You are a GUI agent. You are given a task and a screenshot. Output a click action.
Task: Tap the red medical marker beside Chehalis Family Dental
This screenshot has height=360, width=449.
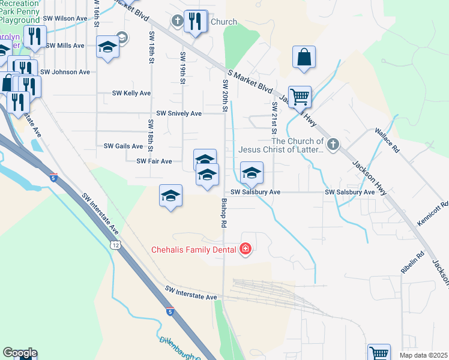tap(244, 249)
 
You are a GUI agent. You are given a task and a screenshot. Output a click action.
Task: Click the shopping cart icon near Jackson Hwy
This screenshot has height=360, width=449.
tap(299, 95)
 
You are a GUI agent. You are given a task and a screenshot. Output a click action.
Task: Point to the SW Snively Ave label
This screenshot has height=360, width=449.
tap(179, 113)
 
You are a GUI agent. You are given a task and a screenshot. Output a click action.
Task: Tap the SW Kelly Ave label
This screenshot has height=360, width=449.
tap(131, 94)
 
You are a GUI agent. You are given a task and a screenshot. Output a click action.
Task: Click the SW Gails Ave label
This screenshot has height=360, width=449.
tap(123, 146)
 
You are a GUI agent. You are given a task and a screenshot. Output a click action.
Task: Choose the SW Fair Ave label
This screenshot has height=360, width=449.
tap(154, 161)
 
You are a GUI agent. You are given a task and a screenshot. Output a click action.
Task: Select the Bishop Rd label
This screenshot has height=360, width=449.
tap(224, 212)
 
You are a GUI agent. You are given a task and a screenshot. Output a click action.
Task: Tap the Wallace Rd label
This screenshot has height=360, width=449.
tap(387, 138)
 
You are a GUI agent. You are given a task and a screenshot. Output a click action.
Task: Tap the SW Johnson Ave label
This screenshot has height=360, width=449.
tap(67, 72)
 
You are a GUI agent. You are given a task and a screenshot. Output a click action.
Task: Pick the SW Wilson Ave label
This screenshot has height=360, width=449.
tap(67, 19)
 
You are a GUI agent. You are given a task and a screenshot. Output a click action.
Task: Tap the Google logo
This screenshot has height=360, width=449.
tap(20, 353)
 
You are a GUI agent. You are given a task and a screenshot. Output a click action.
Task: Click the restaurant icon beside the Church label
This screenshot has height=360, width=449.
tap(195, 22)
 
